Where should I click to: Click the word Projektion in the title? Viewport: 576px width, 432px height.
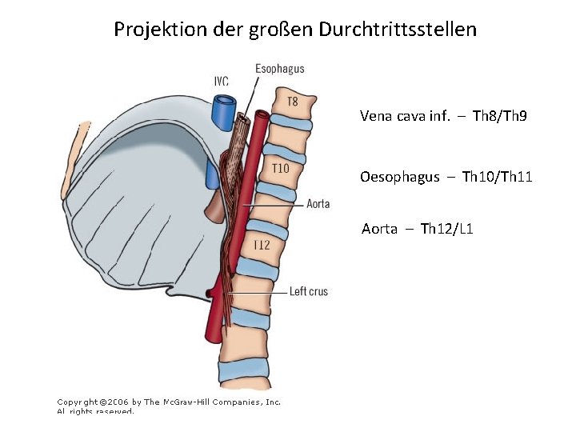pyautogui.click(x=153, y=30)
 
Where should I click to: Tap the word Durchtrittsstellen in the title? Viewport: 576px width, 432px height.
pyautogui.click(x=398, y=30)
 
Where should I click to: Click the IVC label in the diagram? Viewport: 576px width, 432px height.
pyautogui.click(x=222, y=81)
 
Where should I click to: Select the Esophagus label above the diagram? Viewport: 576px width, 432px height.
pyautogui.click(x=279, y=69)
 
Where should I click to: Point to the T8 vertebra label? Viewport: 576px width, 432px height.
pyautogui.click(x=293, y=102)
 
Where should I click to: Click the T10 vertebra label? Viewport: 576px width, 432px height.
pyautogui.click(x=280, y=169)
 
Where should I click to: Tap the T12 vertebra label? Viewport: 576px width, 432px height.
pyautogui.click(x=262, y=245)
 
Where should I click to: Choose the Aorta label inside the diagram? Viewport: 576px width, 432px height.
pyautogui.click(x=318, y=204)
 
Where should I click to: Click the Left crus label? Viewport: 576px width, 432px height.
pyautogui.click(x=309, y=292)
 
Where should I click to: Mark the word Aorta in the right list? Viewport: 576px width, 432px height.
pyautogui.click(x=379, y=229)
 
